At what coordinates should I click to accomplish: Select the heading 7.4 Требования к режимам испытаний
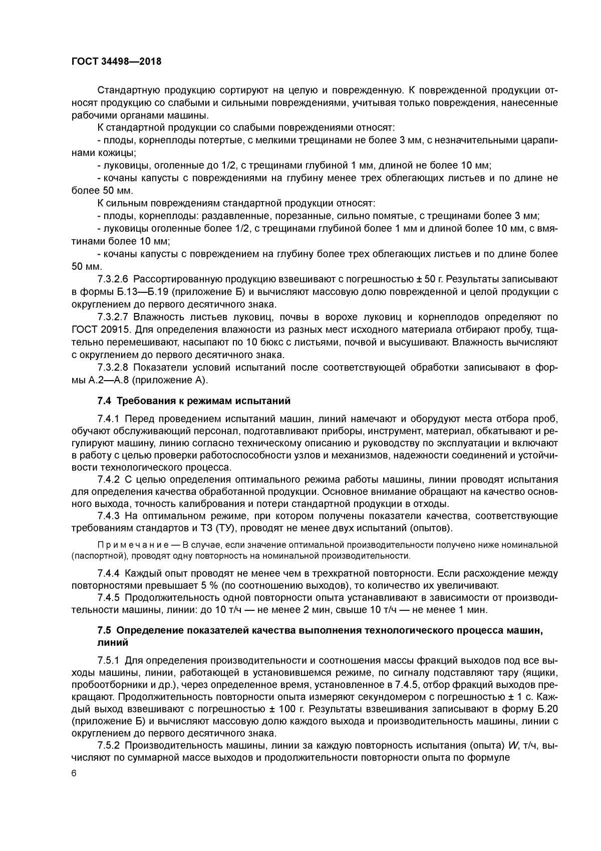(x=194, y=401)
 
